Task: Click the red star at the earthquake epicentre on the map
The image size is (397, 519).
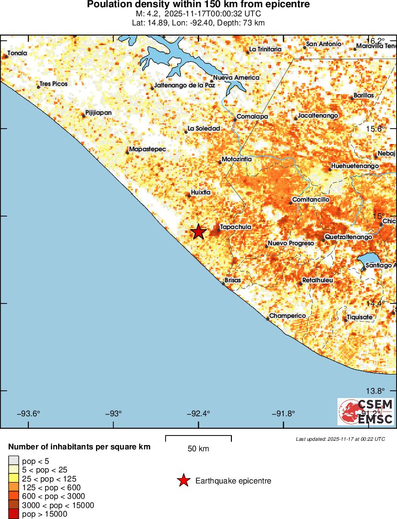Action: pos(198,231)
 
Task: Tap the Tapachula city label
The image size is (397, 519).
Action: pos(235,227)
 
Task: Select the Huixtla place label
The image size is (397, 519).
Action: pos(201,192)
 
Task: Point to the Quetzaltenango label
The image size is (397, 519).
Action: pos(349,237)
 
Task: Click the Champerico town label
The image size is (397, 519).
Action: pos(288,315)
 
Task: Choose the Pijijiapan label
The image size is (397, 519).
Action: pos(98,113)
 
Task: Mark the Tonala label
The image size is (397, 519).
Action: pos(17,53)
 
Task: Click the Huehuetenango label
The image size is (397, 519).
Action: pos(355,166)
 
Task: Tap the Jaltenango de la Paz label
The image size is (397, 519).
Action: pos(184,85)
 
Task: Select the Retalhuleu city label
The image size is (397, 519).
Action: pos(317,280)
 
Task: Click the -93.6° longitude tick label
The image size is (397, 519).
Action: pos(29,413)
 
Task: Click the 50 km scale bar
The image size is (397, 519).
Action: pos(198,438)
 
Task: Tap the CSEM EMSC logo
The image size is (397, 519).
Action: pos(366,411)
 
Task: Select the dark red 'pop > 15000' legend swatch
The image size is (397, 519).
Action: pos(14,514)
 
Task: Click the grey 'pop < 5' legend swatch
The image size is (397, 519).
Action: pos(14,460)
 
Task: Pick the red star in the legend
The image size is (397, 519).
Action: pos(183,481)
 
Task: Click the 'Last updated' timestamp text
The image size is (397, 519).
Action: pos(340,439)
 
